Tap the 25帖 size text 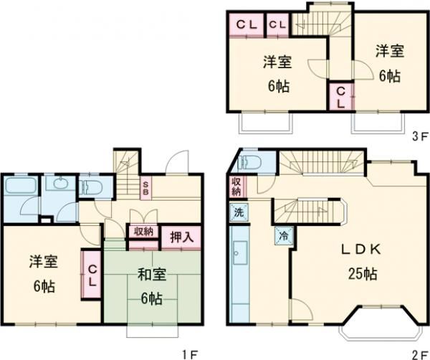354,273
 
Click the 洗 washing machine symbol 237,212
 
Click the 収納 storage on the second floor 236,187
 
